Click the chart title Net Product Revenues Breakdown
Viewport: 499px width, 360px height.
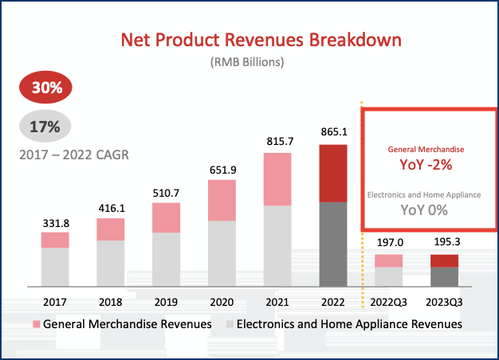261,39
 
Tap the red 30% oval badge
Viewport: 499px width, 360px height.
47,88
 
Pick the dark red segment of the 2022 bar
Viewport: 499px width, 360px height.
332,173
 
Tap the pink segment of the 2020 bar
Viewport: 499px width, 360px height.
222,200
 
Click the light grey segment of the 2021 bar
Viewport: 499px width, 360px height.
277,245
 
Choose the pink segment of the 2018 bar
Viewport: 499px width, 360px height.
111,229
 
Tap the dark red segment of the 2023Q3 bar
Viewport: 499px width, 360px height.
443,260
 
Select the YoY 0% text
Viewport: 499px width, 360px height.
425,210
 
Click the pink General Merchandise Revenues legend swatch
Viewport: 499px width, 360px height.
36,325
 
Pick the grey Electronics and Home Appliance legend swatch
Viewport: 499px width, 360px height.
230,325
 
